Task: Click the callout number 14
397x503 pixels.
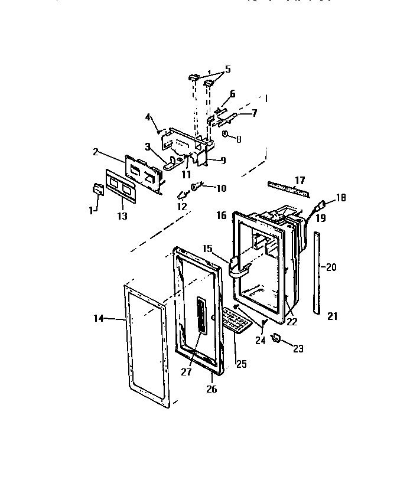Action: click(x=99, y=318)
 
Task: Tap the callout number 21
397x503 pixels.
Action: click(x=332, y=316)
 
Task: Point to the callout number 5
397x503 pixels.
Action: click(x=227, y=69)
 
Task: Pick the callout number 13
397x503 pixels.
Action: click(x=122, y=216)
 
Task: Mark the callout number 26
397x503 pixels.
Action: click(x=211, y=389)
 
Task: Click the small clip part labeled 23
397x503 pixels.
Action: click(x=276, y=338)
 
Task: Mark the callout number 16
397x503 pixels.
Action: click(x=222, y=217)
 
